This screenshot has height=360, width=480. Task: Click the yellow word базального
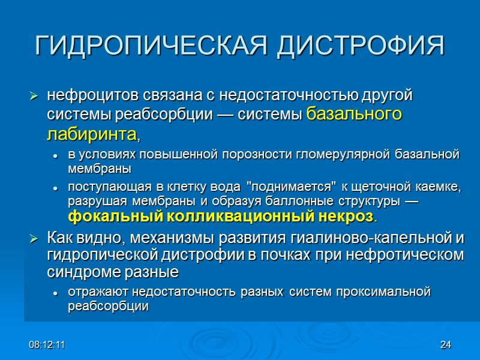[353, 114]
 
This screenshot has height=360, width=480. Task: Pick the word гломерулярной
[332, 156]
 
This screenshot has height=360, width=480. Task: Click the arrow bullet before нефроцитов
[34, 97]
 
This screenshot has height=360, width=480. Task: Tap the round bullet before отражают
[56, 293]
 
